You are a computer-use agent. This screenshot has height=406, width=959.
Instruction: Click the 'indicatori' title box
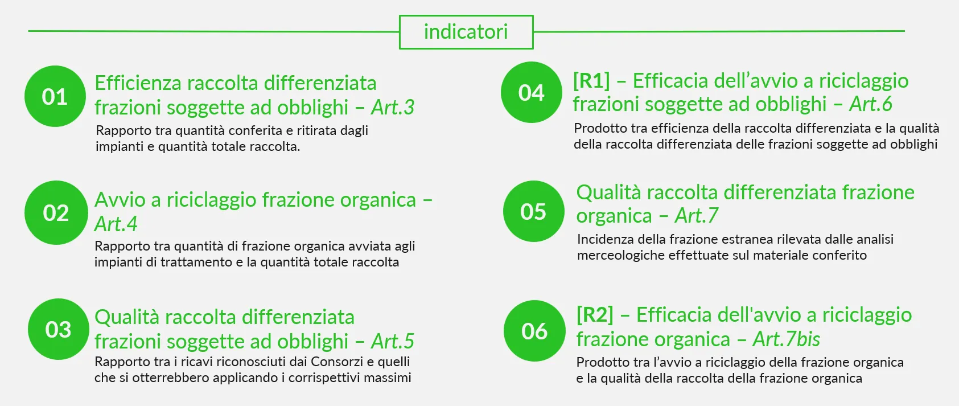tap(466, 32)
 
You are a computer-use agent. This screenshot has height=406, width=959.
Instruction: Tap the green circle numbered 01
tap(55, 96)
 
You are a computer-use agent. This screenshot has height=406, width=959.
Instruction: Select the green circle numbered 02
tap(56, 213)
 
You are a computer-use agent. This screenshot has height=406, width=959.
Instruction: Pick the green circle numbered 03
tap(59, 329)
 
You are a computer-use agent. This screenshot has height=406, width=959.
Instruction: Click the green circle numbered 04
tap(532, 92)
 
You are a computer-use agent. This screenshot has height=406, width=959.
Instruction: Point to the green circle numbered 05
tap(533, 211)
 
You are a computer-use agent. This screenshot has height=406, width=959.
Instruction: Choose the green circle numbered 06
tap(535, 331)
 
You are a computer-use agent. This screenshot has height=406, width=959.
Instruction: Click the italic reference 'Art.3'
tap(393, 107)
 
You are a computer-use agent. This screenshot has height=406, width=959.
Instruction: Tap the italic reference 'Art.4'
tap(116, 224)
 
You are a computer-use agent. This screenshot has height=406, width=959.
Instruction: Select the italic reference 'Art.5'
tap(393, 341)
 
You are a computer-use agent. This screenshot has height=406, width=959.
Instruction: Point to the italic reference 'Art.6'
tap(871, 104)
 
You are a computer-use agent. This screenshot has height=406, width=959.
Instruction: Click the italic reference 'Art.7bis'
tap(787, 339)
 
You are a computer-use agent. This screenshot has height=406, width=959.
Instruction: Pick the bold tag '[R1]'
tap(591, 81)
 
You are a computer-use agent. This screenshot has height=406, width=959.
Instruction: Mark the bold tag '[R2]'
tap(595, 315)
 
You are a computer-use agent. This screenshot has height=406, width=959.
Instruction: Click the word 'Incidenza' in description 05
tap(606, 239)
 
